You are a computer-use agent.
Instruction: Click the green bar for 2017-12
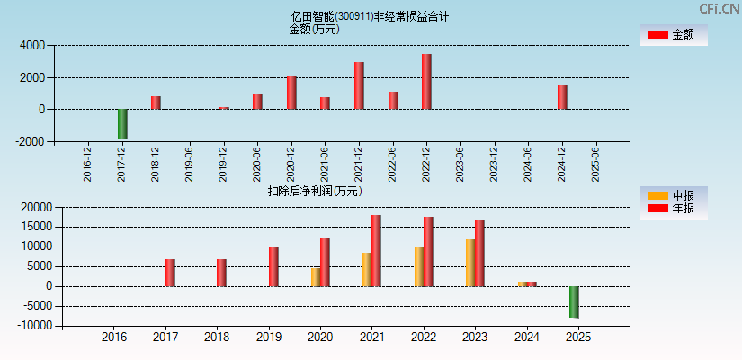pos(122,123)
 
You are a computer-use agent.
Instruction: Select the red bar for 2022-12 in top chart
pos(426,82)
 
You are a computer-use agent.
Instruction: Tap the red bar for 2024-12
pos(561,96)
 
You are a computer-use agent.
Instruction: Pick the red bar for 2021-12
pos(359,85)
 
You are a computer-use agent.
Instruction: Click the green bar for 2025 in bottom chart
pos(573,301)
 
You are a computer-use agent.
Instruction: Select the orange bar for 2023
pos(470,263)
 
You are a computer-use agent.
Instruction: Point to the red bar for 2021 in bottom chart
pos(376,250)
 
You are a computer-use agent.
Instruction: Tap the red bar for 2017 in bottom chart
pos(170,273)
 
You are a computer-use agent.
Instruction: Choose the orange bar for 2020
pos(316,276)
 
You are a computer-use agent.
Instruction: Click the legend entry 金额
pos(674,34)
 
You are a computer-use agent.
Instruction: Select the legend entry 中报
pos(674,195)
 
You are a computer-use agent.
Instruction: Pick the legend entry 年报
pos(674,209)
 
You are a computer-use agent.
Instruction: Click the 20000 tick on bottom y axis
pos(33,208)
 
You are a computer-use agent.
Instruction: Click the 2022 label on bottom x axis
pos(423,337)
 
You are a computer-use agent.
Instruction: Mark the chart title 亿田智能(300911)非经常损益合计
pos(371,16)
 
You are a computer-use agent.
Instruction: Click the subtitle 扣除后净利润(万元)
pos(315,191)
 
